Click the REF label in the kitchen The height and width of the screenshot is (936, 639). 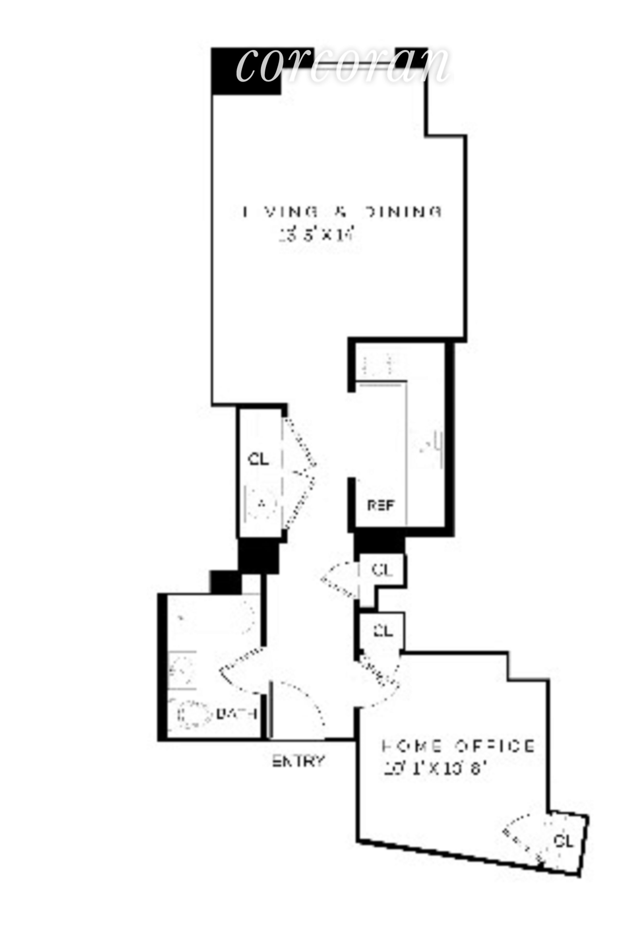click(x=381, y=505)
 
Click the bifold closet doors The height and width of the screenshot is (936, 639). click(x=299, y=474)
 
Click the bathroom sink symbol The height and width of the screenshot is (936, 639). click(x=181, y=670)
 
